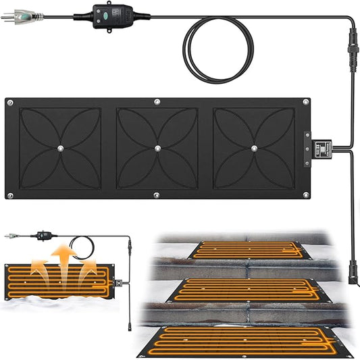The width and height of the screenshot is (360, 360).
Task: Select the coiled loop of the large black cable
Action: (x=220, y=50)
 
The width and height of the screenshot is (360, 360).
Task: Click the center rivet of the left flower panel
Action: (x=60, y=148)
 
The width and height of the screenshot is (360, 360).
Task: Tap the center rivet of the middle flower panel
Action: (x=157, y=148)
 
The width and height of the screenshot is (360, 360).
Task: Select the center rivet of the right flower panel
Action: (x=255, y=148)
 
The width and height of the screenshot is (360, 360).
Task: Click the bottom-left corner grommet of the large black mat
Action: (x=9, y=195)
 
